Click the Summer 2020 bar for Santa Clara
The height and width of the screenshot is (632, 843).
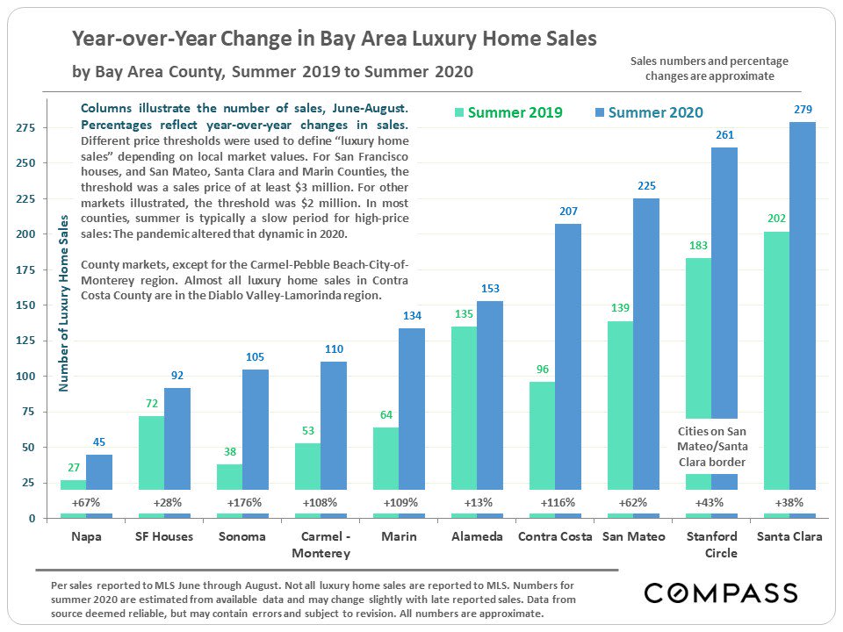(803, 316)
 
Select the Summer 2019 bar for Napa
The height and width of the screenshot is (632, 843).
(73, 496)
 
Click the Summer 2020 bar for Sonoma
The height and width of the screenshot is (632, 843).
(256, 439)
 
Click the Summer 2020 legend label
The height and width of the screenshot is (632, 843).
(655, 112)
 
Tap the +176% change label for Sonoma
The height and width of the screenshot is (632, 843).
(242, 503)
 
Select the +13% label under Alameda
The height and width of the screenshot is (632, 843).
(477, 503)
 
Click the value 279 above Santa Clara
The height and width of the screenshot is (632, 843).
(803, 110)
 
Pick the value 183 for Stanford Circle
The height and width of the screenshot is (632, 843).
(698, 246)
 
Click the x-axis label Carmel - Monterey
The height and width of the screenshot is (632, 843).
(321, 544)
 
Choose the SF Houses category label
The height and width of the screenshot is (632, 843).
(164, 536)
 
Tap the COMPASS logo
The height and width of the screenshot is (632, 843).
(721, 593)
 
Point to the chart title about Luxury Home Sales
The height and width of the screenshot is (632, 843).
(334, 39)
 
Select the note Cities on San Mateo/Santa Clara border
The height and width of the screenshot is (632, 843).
(711, 446)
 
